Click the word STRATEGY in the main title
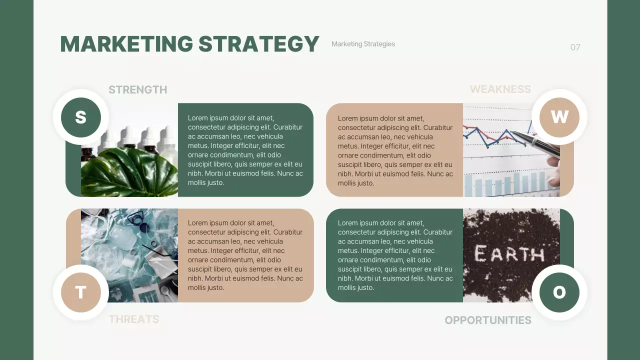coord(258,44)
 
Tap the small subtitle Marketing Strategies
coord(363,44)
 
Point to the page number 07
coord(575,47)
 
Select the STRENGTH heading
coord(137,90)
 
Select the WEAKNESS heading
coord(500,89)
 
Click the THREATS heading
coord(134,319)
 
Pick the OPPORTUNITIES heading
coord(487,320)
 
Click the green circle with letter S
coord(81,117)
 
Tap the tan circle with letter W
coord(559,117)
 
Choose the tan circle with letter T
coord(81,292)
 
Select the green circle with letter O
coord(559,292)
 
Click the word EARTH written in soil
coord(509,254)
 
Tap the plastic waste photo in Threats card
coord(129,250)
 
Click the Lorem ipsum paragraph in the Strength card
coord(245,150)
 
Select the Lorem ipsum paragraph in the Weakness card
coord(395,150)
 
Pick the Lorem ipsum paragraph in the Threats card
coord(245,255)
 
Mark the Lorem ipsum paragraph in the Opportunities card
coord(395,255)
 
